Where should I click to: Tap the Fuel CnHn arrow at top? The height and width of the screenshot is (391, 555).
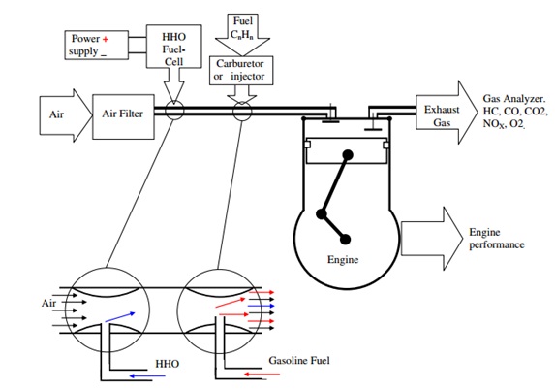tap(243, 29)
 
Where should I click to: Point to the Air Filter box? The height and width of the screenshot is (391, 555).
tap(123, 113)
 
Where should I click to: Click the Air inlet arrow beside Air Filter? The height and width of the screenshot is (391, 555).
tap(60, 114)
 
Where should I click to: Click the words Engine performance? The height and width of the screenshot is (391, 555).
tap(496, 239)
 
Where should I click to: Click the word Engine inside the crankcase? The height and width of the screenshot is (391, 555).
tap(343, 260)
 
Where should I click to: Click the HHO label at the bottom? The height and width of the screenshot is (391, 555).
tap(166, 365)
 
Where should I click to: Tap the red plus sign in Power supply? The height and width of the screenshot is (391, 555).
tap(118, 37)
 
